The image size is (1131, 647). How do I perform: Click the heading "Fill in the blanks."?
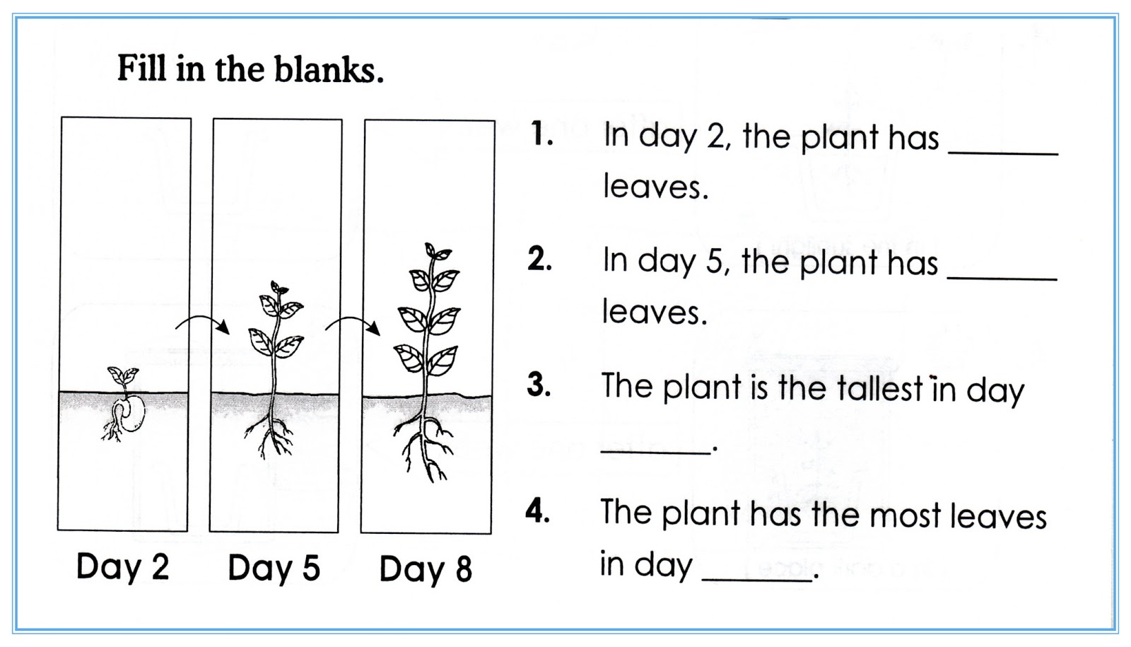[x=250, y=69]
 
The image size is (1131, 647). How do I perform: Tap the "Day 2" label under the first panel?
[x=122, y=567]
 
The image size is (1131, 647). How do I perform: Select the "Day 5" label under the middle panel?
[x=274, y=569]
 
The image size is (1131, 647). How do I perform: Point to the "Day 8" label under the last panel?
[x=426, y=570]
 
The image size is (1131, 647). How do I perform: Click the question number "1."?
[x=542, y=134]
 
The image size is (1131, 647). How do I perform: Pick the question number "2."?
[x=539, y=260]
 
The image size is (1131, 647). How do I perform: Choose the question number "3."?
[x=539, y=385]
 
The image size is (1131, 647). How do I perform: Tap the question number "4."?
[x=538, y=511]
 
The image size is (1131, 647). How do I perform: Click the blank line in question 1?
[x=1003, y=151]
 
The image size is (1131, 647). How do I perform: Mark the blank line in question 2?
[x=1002, y=277]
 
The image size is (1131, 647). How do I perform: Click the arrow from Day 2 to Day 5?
[x=203, y=323]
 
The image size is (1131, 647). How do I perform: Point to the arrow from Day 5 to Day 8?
[x=353, y=325]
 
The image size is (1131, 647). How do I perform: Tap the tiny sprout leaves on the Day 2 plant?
[x=122, y=375]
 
